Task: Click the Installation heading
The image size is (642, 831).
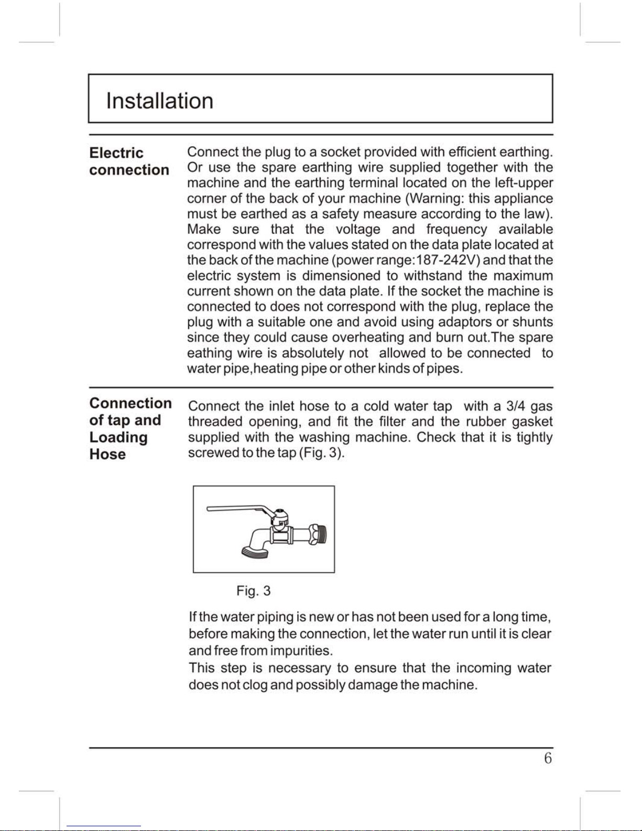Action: click(x=159, y=101)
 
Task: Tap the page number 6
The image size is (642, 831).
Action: click(x=548, y=758)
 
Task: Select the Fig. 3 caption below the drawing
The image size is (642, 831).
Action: click(x=253, y=591)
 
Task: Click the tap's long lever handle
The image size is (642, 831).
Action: click(x=236, y=508)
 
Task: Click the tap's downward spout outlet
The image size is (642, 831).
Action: click(x=255, y=551)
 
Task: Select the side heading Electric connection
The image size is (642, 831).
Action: click(x=129, y=161)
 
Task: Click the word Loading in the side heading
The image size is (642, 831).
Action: click(x=118, y=437)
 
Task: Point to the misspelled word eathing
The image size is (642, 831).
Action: click(x=210, y=353)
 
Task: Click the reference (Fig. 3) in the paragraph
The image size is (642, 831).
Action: click(x=321, y=453)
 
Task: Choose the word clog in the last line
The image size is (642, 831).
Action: click(x=255, y=685)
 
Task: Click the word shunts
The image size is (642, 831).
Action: click(x=532, y=322)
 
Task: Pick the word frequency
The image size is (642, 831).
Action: click(x=456, y=230)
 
